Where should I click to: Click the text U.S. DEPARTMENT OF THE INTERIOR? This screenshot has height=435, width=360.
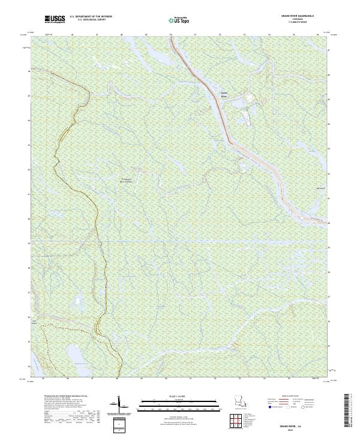click(91, 17)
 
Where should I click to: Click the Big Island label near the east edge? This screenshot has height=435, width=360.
click(311, 188)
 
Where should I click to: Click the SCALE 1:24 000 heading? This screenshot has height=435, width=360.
click(179, 396)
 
